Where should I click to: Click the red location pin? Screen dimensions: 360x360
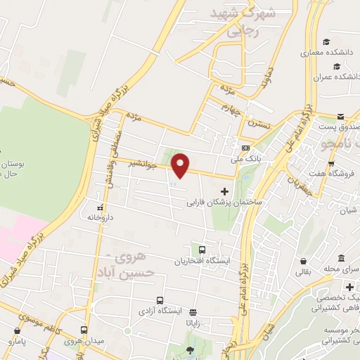pyautogui.click(x=181, y=165)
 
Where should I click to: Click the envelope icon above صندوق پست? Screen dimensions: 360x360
pyautogui.click(x=340, y=116)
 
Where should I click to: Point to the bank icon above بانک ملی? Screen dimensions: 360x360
pyautogui.click(x=245, y=148)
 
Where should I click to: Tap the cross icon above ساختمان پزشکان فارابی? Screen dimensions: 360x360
pyautogui.click(x=225, y=191)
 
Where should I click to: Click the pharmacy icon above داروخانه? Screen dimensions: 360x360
pyautogui.click(x=100, y=207)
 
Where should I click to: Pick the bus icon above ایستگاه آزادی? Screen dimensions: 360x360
pyautogui.click(x=160, y=300)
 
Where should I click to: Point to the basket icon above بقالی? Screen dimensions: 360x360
pyautogui.click(x=302, y=259)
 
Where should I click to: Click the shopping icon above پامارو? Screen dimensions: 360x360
pyautogui.click(x=16, y=330)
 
